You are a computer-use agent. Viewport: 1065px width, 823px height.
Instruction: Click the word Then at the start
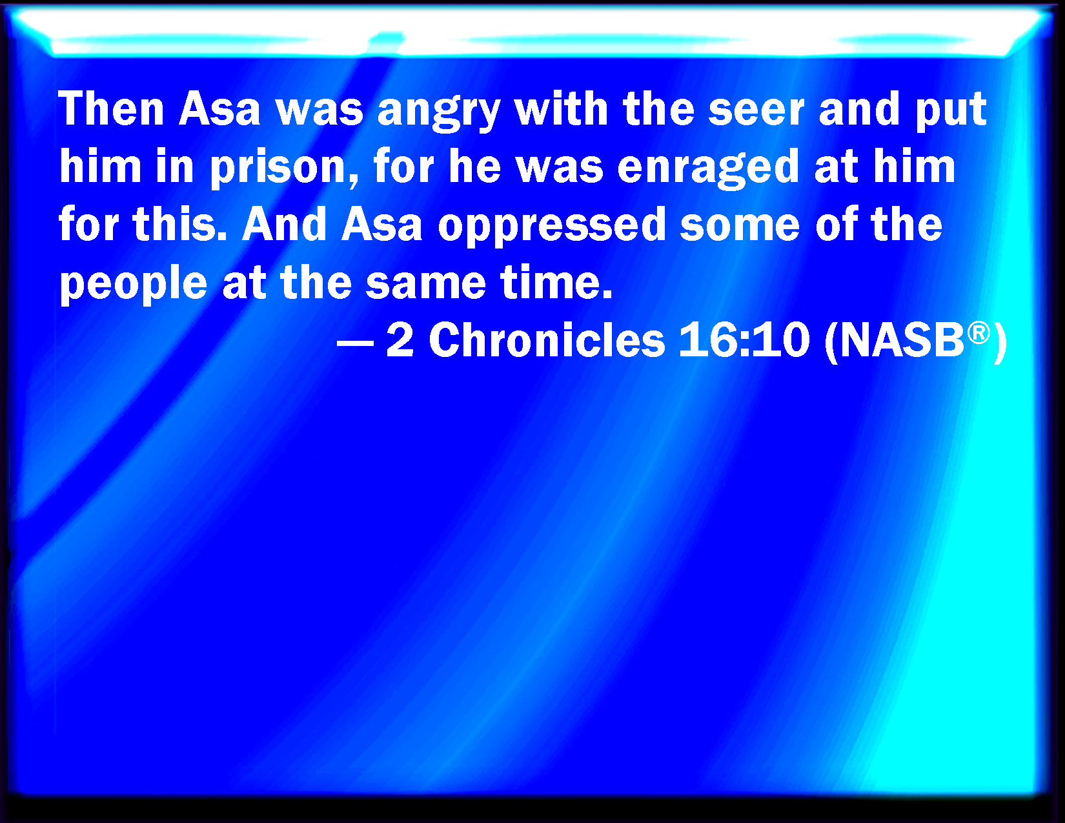point(112,109)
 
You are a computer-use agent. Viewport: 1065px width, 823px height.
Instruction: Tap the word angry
point(439,113)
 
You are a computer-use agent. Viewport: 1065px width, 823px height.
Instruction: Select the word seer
point(756,109)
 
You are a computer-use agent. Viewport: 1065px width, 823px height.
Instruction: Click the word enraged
point(708,168)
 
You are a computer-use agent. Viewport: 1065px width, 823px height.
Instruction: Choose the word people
point(134,285)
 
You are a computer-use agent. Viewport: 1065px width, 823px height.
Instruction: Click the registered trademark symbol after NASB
point(979,333)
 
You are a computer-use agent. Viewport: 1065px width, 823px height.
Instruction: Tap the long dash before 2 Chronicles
point(356,343)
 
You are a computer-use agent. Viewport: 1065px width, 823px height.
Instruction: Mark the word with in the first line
point(561,109)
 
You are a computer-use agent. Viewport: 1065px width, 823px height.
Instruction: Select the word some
point(740,227)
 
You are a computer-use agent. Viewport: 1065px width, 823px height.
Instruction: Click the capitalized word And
point(284,224)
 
